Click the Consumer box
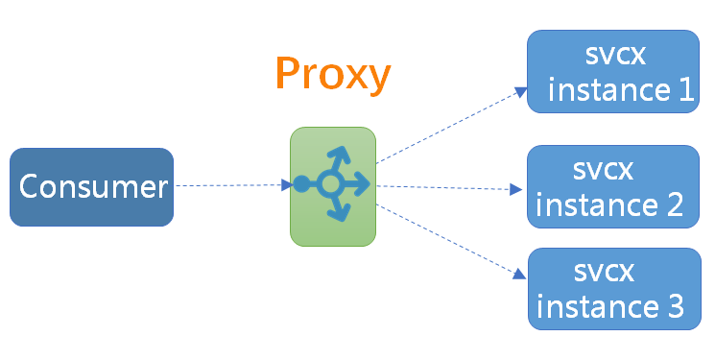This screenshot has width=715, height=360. click(92, 187)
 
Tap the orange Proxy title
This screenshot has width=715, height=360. click(333, 74)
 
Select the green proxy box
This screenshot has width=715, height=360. click(333, 186)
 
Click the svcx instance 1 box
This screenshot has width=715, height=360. click(613, 71)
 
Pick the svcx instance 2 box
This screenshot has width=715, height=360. click(613, 186)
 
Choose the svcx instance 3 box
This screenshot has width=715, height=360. click(614, 289)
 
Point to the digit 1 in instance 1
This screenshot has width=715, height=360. click(686, 89)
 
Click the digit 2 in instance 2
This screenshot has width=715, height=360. click(675, 204)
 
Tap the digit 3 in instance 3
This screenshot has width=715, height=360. click(676, 305)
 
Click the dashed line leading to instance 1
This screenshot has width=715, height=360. click(451, 125)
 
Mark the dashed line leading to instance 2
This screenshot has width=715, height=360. click(449, 187)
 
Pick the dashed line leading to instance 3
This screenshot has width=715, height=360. click(451, 241)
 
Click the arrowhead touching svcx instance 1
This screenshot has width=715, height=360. click(521, 91)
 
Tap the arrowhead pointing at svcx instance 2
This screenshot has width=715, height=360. click(516, 189)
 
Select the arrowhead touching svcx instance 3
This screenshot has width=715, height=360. click(519, 275)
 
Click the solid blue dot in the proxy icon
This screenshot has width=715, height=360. click(301, 184)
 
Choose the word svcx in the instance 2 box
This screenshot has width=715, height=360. click(603, 170)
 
